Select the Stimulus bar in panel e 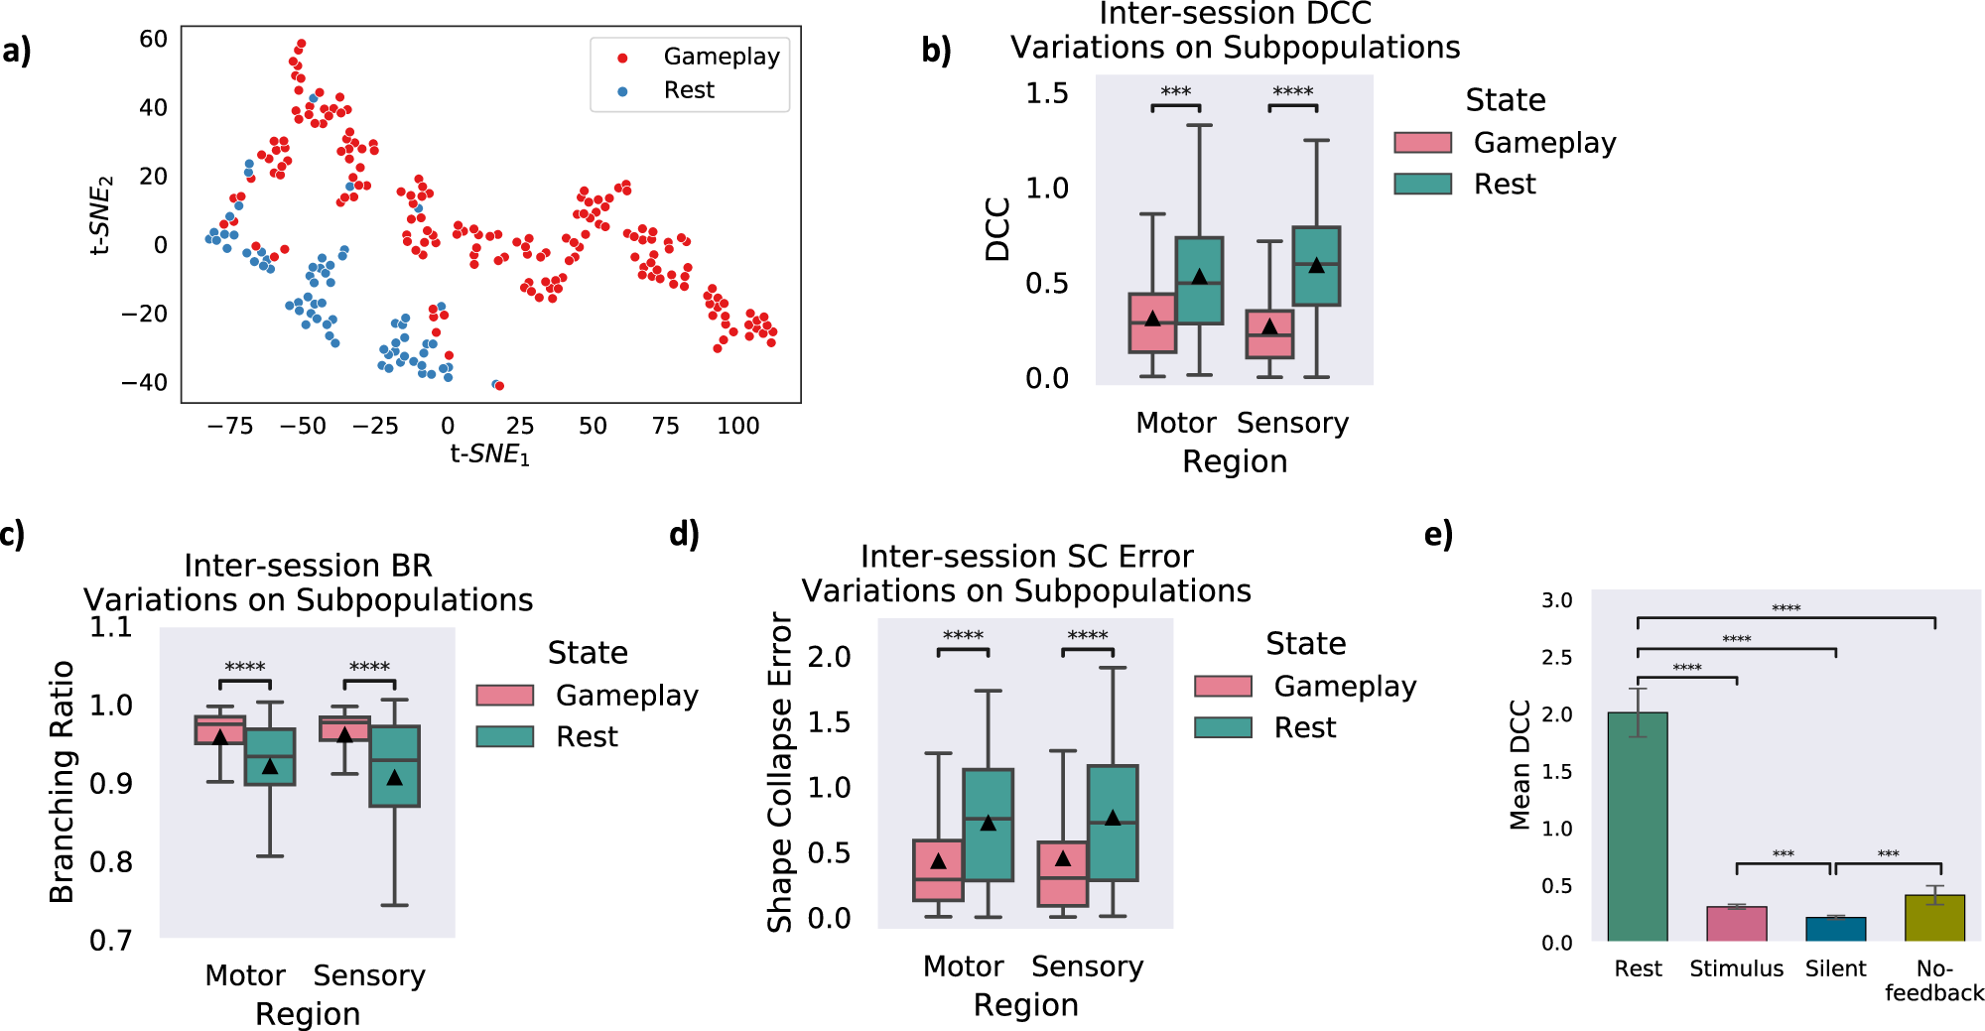pos(1736,924)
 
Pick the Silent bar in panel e pos(1835,930)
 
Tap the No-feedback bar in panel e pos(1934,918)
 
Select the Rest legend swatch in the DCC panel pos(1422,184)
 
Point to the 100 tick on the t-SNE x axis pos(737,426)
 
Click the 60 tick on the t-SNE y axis pos(153,39)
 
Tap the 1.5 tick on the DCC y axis pos(1046,93)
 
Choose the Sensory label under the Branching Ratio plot pos(369,976)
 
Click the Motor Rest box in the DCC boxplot pos(1199,280)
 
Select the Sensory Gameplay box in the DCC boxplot pos(1269,334)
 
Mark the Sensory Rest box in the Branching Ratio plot pos(395,766)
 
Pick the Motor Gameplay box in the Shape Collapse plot pos(938,870)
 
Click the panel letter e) pos(1438,535)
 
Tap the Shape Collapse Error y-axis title pos(780,772)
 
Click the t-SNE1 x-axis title pos(490,454)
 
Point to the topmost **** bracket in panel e pos(1786,619)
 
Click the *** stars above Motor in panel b pos(1175,92)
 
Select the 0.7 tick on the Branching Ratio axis pos(110,940)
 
